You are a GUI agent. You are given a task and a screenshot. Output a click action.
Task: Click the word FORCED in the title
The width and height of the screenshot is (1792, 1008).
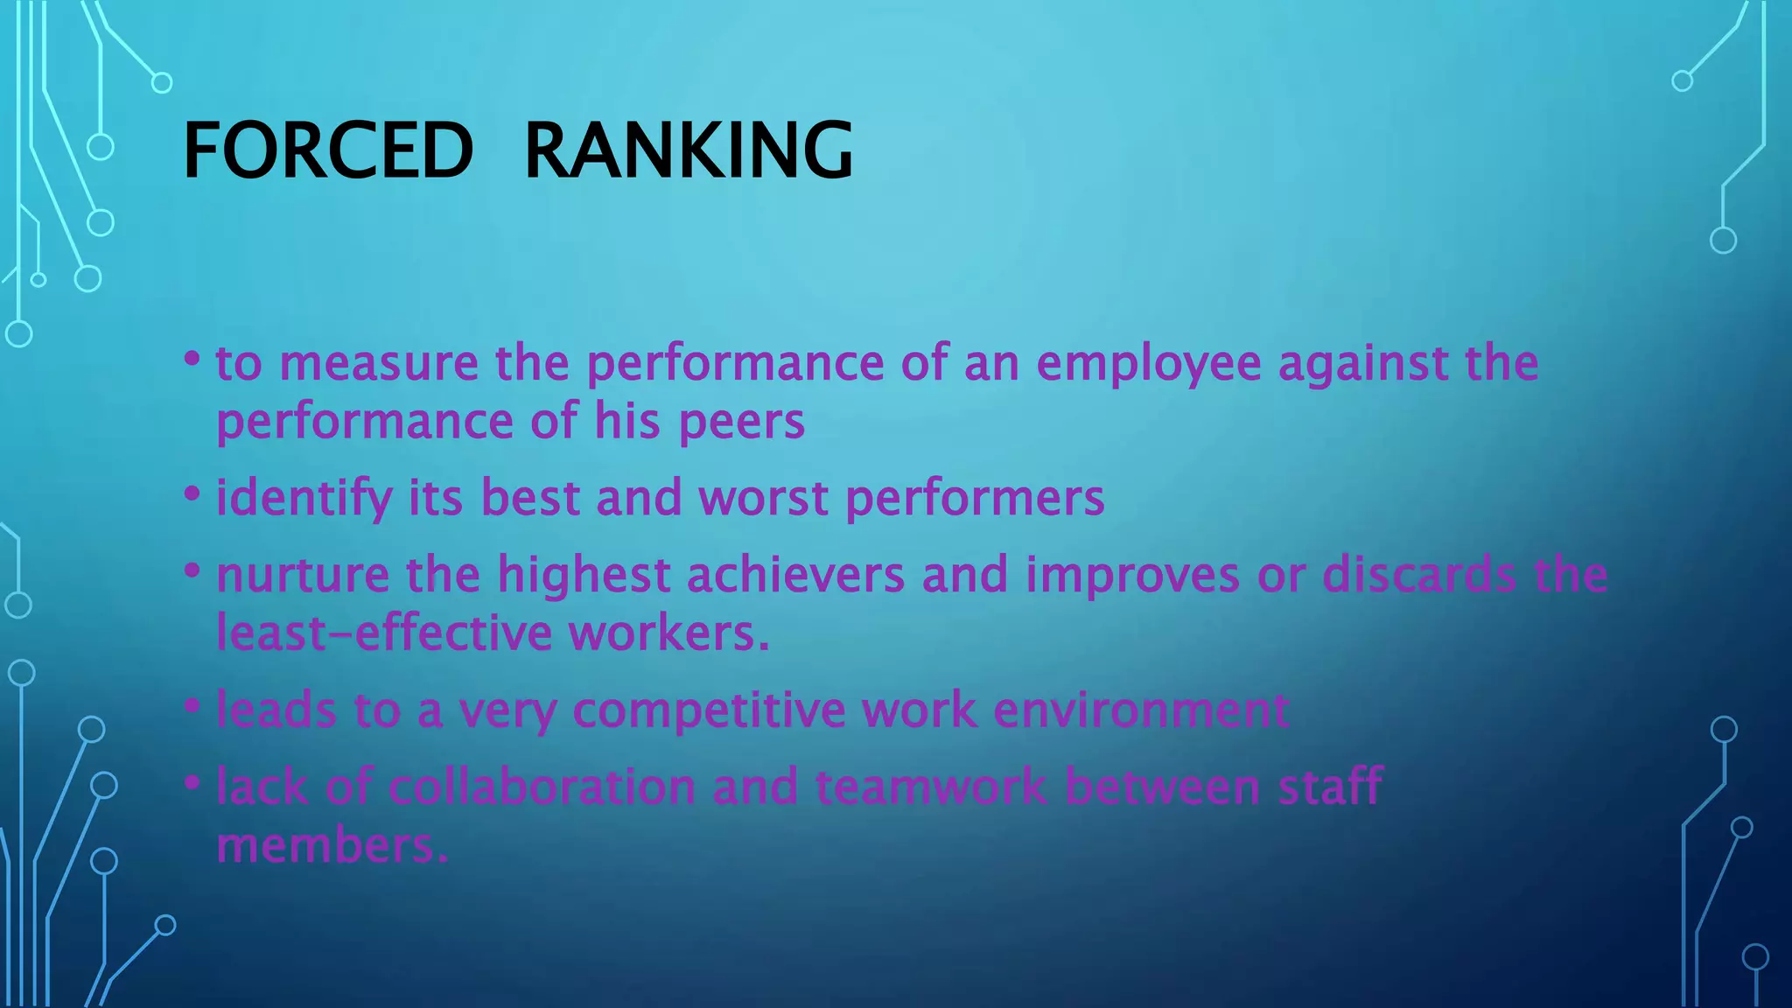click(328, 150)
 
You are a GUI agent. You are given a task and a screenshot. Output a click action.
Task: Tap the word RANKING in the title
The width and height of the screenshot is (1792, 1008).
click(688, 150)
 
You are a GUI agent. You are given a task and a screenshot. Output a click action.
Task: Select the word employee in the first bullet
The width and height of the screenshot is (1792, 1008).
click(1148, 364)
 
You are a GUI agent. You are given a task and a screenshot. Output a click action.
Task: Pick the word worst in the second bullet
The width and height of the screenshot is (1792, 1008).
click(763, 499)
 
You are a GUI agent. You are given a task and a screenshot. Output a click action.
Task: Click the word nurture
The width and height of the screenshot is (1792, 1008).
click(303, 576)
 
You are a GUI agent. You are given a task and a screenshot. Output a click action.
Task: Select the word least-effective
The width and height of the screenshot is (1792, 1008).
click(384, 633)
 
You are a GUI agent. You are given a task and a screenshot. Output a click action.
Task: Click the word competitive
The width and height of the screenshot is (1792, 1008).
click(709, 710)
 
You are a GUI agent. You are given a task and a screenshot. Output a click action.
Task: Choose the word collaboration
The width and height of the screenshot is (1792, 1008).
click(542, 787)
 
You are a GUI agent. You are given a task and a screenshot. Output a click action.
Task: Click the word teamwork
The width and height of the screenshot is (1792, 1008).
click(931, 787)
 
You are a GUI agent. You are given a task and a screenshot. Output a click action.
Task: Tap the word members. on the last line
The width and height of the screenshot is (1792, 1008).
click(332, 846)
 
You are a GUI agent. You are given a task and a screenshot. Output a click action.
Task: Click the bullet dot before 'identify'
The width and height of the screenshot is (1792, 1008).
click(192, 493)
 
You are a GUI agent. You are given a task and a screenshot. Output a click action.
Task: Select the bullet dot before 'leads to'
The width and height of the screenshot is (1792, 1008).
click(192, 705)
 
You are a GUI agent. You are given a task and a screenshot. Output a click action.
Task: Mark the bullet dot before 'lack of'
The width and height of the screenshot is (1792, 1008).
click(192, 781)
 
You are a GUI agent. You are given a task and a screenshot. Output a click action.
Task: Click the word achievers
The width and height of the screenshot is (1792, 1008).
click(795, 576)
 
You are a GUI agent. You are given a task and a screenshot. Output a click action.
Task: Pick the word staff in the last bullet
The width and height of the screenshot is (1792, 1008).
click(1330, 787)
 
